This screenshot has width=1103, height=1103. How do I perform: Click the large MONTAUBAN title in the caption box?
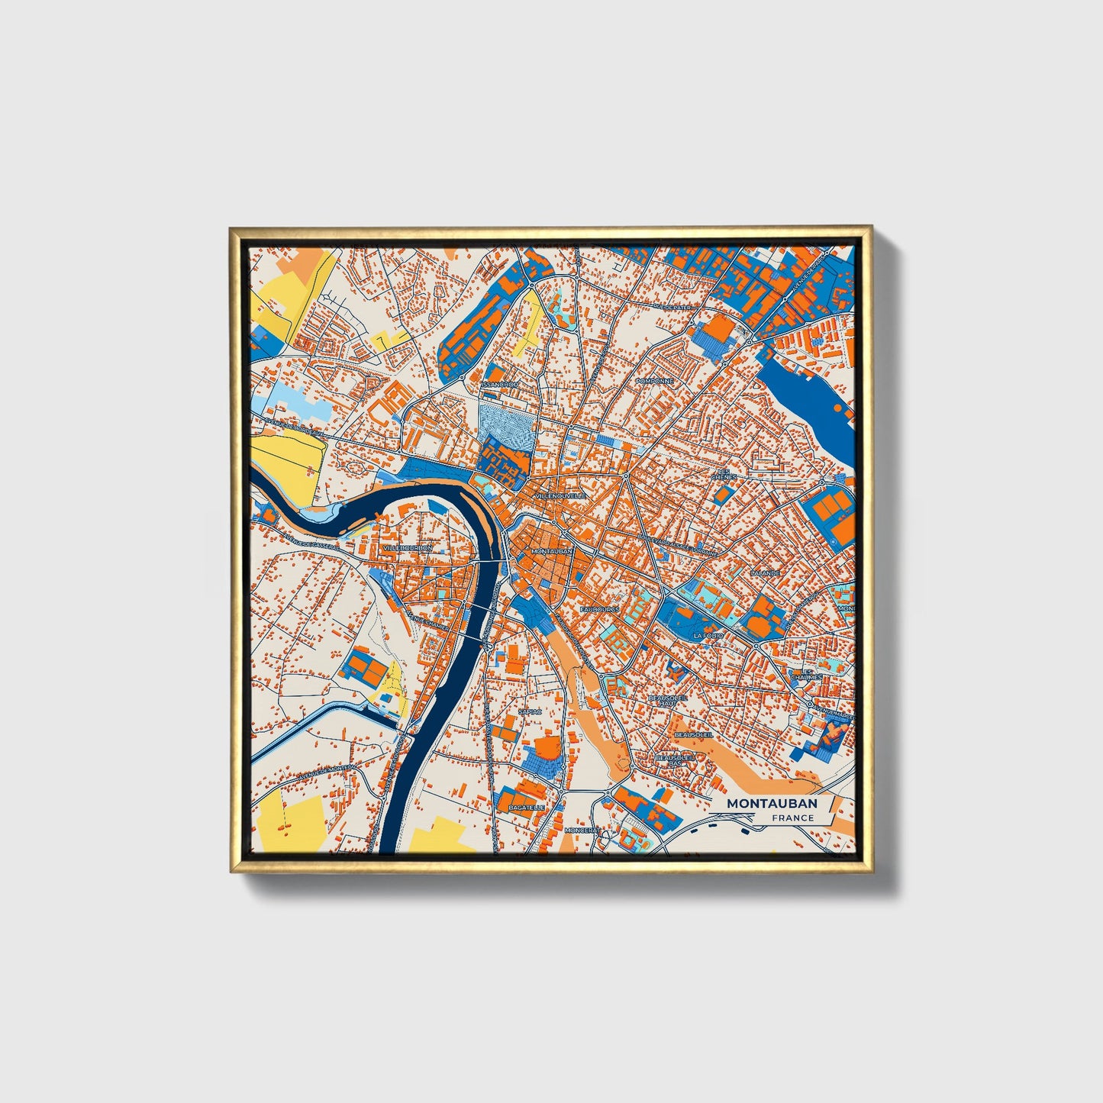pos(771,803)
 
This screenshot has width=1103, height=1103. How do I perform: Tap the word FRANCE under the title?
pos(792,818)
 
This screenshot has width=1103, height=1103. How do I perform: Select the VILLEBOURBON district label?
pos(407,548)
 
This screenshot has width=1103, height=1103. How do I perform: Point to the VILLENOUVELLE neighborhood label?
pos(561,496)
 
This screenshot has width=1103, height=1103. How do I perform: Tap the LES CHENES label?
pos(724,474)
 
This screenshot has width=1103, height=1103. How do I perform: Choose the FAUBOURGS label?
pos(599,610)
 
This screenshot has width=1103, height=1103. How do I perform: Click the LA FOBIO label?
pos(708,635)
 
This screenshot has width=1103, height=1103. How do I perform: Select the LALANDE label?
pos(765,572)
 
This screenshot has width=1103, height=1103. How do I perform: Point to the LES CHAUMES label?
pos(806,674)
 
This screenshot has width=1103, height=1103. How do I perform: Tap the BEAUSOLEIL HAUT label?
pos(668,700)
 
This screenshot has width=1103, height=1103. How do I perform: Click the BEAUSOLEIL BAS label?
pos(676,760)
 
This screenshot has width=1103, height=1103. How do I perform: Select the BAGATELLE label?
pos(527,807)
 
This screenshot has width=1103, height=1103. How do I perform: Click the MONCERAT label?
pos(582,830)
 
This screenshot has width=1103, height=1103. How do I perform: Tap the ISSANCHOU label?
pos(500,385)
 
